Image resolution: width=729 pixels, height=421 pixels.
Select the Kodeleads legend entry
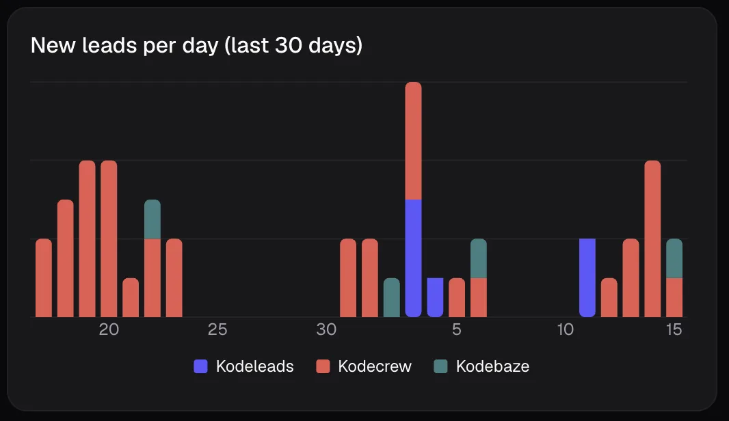pyautogui.click(x=243, y=366)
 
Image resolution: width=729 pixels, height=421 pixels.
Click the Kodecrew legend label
pyautogui.click(x=375, y=366)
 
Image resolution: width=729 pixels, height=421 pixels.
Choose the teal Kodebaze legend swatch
pyautogui.click(x=440, y=366)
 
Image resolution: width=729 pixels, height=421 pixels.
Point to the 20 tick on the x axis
pyautogui.click(x=109, y=329)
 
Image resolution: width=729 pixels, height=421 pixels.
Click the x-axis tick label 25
pyautogui.click(x=217, y=329)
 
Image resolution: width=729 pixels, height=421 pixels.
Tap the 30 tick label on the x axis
pyautogui.click(x=326, y=329)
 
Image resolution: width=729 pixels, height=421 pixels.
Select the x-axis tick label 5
pyautogui.click(x=457, y=329)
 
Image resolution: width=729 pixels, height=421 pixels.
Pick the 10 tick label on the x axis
pyautogui.click(x=566, y=329)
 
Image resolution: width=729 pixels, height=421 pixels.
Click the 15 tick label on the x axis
pyautogui.click(x=674, y=329)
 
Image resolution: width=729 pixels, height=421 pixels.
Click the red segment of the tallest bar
pyautogui.click(x=413, y=141)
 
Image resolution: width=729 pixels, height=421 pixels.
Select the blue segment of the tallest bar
pyautogui.click(x=413, y=258)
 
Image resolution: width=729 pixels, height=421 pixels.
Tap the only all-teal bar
pyautogui.click(x=391, y=297)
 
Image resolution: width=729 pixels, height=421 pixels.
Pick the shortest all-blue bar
pyautogui.click(x=435, y=297)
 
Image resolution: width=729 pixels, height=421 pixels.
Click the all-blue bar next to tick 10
pyautogui.click(x=587, y=278)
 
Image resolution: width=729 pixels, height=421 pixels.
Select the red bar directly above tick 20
pyautogui.click(x=109, y=239)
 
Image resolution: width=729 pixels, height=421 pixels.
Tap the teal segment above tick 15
pyautogui.click(x=674, y=258)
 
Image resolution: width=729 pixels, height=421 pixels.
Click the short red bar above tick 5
pyautogui.click(x=457, y=297)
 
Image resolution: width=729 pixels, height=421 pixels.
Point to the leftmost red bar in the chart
pyautogui.click(x=44, y=278)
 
